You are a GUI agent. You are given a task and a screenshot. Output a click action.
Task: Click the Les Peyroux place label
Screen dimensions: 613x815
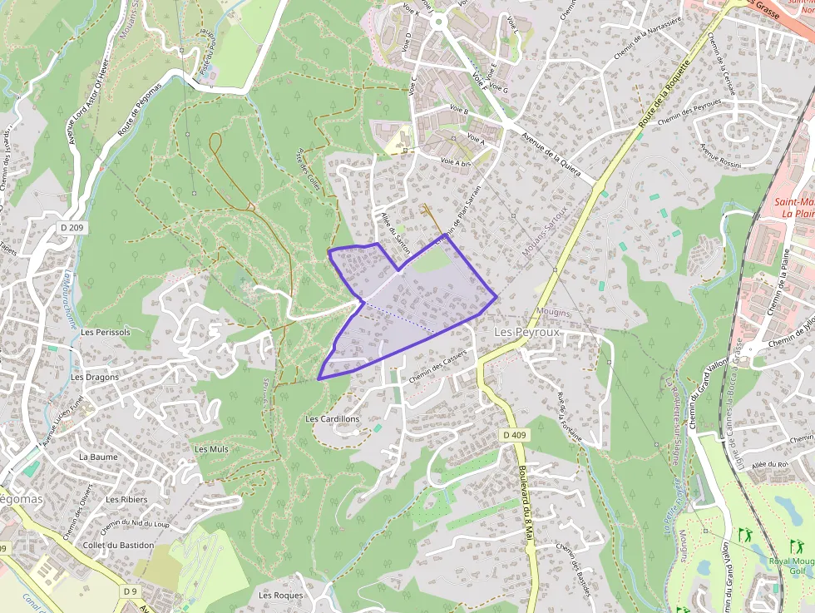[527, 331]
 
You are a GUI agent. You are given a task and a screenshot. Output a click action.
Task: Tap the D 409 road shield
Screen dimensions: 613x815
[515, 435]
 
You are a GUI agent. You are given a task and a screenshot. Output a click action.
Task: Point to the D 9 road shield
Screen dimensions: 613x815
[129, 591]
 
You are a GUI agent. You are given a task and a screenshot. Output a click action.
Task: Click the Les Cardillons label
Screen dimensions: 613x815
[333, 418]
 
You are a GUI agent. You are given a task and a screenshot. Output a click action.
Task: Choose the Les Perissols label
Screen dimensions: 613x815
[106, 332]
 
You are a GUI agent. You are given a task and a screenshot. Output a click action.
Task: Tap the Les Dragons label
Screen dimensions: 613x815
[95, 377]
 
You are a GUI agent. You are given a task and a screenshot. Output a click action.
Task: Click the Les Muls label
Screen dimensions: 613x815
[211, 449]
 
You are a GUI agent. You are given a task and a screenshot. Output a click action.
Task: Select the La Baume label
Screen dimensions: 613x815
[98, 457]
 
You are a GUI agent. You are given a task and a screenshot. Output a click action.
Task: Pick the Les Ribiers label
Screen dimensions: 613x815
[126, 500]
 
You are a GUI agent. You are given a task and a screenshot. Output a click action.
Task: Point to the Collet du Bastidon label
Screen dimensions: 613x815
[119, 545]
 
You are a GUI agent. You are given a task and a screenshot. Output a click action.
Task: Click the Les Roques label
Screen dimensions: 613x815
[280, 596]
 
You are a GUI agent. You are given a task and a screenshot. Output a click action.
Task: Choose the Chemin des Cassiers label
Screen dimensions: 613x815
[437, 366]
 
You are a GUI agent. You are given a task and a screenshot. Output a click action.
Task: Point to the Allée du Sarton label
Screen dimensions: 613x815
[396, 233]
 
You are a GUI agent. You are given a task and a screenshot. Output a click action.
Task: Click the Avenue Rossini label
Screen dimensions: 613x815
[719, 155]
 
